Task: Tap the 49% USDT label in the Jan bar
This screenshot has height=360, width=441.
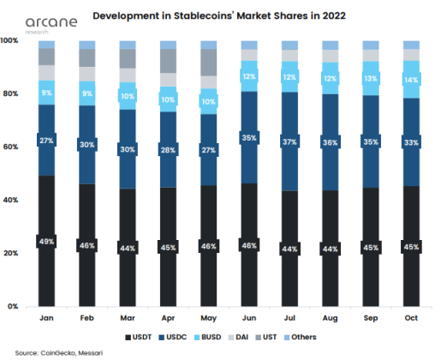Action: pos(45,242)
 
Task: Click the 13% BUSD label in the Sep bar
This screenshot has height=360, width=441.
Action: pos(372,78)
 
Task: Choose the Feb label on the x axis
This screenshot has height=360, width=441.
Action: pos(87,319)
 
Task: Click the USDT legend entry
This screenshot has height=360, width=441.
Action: pos(144,337)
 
